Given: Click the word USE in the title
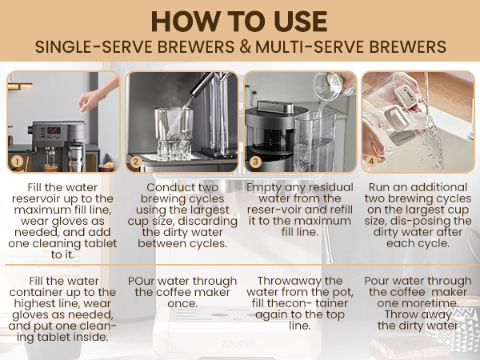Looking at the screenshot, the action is pyautogui.click(x=300, y=22).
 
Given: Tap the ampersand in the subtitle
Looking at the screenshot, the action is pyautogui.click(x=245, y=47).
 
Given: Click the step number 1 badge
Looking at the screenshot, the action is pyautogui.click(x=17, y=162).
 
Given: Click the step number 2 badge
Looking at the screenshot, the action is pyautogui.click(x=136, y=162).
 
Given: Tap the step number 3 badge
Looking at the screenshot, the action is pyautogui.click(x=256, y=162).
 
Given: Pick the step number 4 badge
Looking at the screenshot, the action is pyautogui.click(x=371, y=162).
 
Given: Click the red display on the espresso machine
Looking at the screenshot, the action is pyautogui.click(x=54, y=130).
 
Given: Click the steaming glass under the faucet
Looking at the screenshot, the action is pyautogui.click(x=174, y=134).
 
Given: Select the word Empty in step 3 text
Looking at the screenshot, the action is pyautogui.click(x=264, y=188).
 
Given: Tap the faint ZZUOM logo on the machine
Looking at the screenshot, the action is pyautogui.click(x=238, y=344).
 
